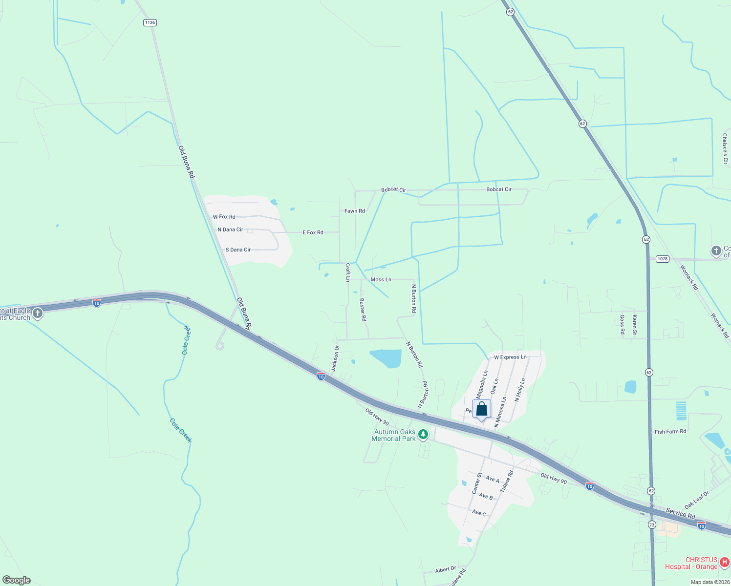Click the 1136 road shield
click(150, 22)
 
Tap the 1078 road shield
click(662, 259)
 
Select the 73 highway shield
click(652, 524)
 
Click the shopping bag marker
click(481, 409)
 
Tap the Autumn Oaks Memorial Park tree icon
click(423, 435)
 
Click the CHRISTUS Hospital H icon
click(725, 563)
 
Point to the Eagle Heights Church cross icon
click(38, 314)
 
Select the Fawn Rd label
click(355, 211)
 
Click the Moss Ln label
click(381, 280)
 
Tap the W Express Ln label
click(510, 357)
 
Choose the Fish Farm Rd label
click(670, 432)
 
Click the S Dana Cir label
click(238, 250)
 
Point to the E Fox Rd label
click(313, 232)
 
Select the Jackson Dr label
click(335, 358)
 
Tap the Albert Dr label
click(446, 569)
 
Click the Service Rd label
click(680, 513)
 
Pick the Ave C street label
click(479, 513)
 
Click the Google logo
click(17, 580)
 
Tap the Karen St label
click(634, 325)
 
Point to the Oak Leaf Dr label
click(697, 500)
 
